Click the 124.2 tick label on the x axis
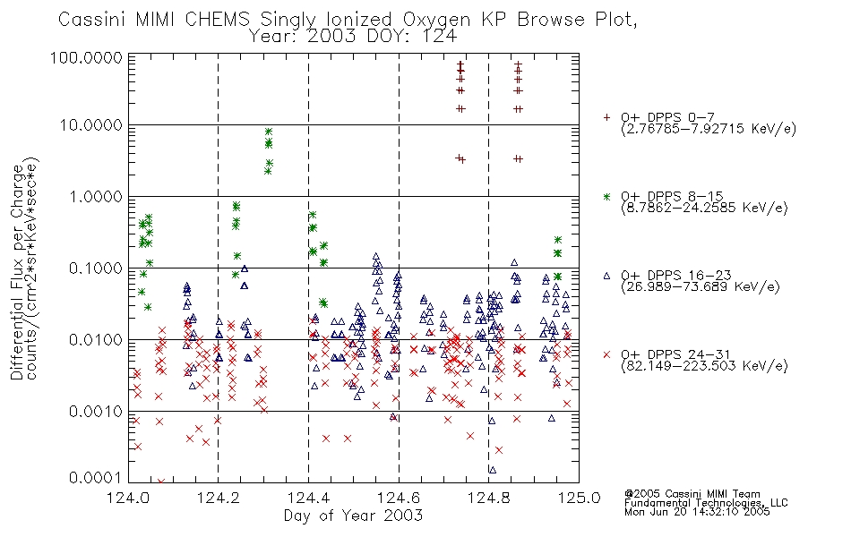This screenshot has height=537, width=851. click(219, 498)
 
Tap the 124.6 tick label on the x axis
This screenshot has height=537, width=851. click(399, 498)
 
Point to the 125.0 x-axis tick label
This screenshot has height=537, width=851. click(579, 498)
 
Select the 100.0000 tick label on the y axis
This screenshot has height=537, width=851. click(87, 57)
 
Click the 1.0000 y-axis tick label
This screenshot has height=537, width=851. click(96, 196)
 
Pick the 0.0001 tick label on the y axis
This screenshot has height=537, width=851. click(96, 478)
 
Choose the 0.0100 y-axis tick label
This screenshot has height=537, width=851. click(96, 340)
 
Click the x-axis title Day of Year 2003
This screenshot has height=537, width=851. click(353, 516)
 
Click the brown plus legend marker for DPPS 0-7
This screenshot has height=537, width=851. click(606, 117)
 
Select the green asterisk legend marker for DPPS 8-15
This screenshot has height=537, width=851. click(606, 196)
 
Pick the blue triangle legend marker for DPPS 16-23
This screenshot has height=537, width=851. click(606, 276)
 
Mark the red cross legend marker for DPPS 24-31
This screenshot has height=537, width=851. click(606, 354)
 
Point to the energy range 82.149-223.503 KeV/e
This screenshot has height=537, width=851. click(704, 366)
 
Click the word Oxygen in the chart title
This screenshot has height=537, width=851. click(437, 20)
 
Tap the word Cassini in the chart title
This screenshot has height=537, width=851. click(91, 20)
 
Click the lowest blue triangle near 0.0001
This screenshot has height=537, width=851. click(493, 470)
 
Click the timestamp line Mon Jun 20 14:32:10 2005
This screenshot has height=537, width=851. click(697, 512)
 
